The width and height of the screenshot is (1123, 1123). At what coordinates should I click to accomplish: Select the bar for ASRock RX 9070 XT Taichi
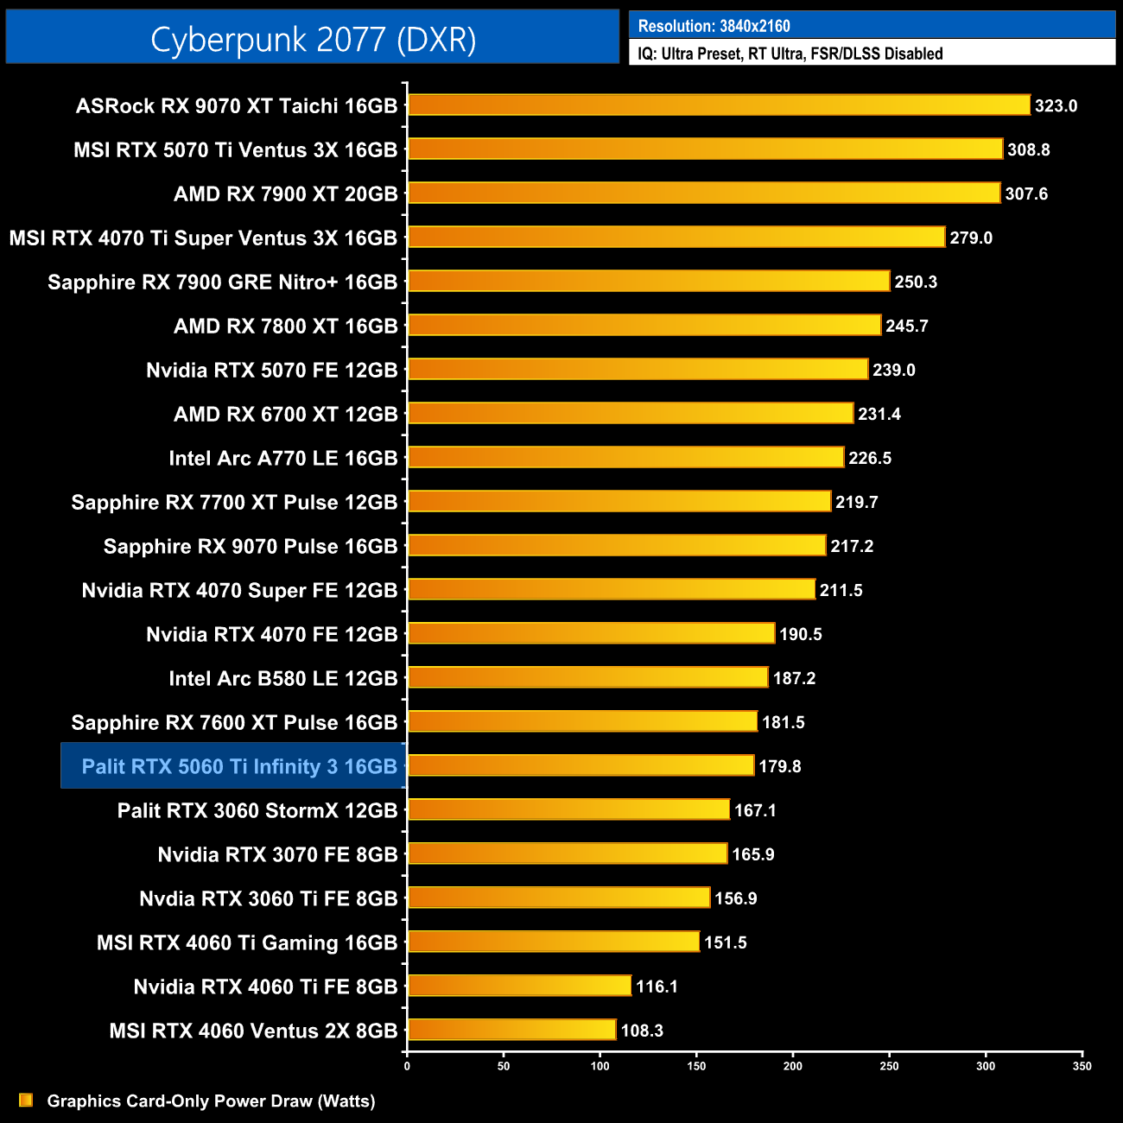tap(719, 105)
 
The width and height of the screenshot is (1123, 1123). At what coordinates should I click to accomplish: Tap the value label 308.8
tap(1028, 149)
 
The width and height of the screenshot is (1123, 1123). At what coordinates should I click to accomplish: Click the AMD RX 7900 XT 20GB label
tap(285, 194)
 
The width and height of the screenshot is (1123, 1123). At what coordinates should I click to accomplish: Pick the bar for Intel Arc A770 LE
tap(625, 458)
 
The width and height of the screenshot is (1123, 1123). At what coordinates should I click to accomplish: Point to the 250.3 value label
tap(916, 282)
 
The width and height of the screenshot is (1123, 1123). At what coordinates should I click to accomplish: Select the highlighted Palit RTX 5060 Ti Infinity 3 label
tap(238, 766)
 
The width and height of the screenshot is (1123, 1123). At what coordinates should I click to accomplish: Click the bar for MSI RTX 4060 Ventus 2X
tap(511, 1030)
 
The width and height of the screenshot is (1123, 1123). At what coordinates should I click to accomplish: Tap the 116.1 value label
tap(657, 987)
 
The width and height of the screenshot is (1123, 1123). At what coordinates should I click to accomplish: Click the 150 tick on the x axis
tap(696, 1066)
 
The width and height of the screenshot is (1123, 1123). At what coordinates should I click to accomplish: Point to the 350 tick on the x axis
tap(1082, 1066)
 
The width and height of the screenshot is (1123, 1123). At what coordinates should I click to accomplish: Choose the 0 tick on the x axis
tap(407, 1066)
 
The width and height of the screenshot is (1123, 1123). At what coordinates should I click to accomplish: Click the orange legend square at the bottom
tap(26, 1100)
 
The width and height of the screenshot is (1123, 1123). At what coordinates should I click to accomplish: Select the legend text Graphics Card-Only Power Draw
tap(211, 1101)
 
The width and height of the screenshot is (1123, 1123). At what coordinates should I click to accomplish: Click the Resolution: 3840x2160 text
tap(714, 26)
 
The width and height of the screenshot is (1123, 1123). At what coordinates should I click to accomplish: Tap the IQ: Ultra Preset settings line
tap(790, 54)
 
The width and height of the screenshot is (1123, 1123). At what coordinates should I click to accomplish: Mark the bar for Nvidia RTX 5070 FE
tap(638, 369)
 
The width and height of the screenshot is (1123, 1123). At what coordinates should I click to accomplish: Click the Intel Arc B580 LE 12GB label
tap(282, 678)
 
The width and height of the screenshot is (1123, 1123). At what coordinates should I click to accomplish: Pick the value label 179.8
tap(779, 766)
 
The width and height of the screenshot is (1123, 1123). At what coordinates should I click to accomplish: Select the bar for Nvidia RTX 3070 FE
tap(568, 853)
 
